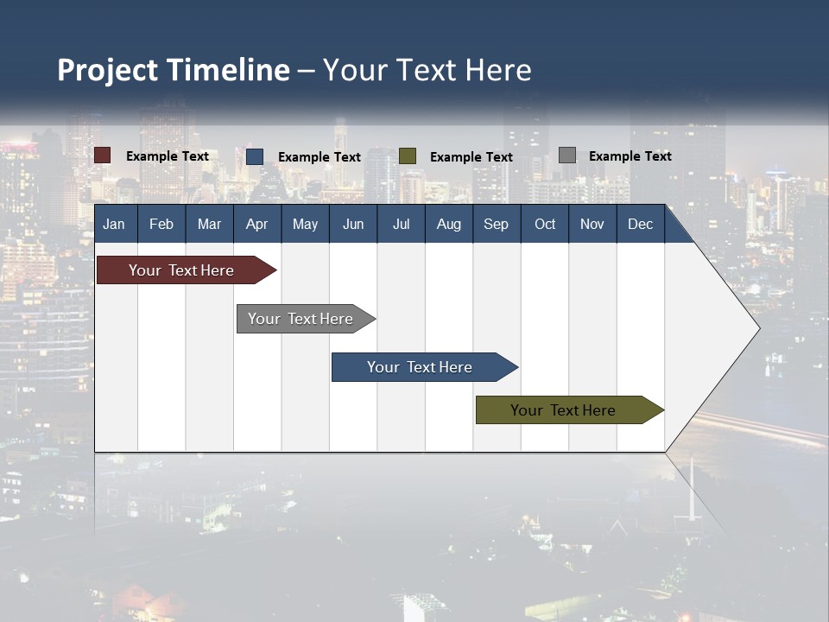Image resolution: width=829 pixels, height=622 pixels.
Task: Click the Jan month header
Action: click(x=114, y=224)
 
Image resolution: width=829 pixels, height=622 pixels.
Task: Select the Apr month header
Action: click(x=256, y=224)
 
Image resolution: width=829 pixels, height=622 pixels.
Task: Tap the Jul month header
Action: click(x=401, y=224)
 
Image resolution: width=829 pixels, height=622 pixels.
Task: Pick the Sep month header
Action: click(x=496, y=224)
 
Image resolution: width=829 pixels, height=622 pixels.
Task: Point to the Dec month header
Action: click(x=640, y=224)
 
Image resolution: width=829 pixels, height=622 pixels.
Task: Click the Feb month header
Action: click(x=161, y=224)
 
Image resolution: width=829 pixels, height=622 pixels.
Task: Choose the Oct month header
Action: click(x=545, y=224)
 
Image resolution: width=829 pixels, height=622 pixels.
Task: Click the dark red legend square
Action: click(x=103, y=155)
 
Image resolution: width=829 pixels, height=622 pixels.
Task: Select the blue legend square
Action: click(x=255, y=156)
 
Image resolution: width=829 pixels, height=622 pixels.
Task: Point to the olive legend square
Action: click(x=408, y=156)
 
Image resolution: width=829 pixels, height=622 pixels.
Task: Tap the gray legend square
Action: click(x=567, y=155)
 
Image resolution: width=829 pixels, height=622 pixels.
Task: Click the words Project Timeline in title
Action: click(x=174, y=70)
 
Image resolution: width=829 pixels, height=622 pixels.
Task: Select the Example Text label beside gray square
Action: click(x=630, y=156)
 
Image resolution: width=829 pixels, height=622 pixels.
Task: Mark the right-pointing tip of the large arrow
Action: click(x=757, y=327)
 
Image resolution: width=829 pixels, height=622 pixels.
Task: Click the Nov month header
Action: click(x=592, y=224)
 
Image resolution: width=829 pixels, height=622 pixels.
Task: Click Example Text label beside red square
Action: click(x=168, y=156)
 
